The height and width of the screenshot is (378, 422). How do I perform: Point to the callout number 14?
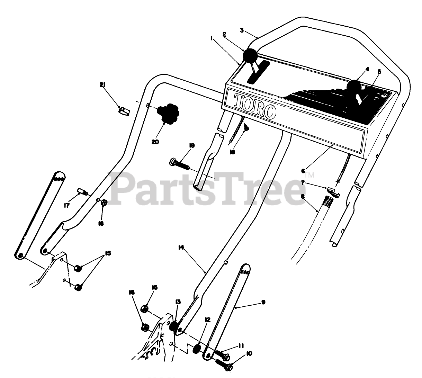(x=181, y=247)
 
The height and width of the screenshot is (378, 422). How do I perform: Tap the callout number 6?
(x=303, y=171)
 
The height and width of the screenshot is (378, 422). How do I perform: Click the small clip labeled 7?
(x=333, y=190)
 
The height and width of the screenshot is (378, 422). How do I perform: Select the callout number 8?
(x=303, y=196)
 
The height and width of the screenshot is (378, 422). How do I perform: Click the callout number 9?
(x=263, y=302)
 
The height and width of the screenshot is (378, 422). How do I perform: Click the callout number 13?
(x=178, y=302)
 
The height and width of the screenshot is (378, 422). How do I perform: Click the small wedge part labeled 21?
(x=124, y=111)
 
